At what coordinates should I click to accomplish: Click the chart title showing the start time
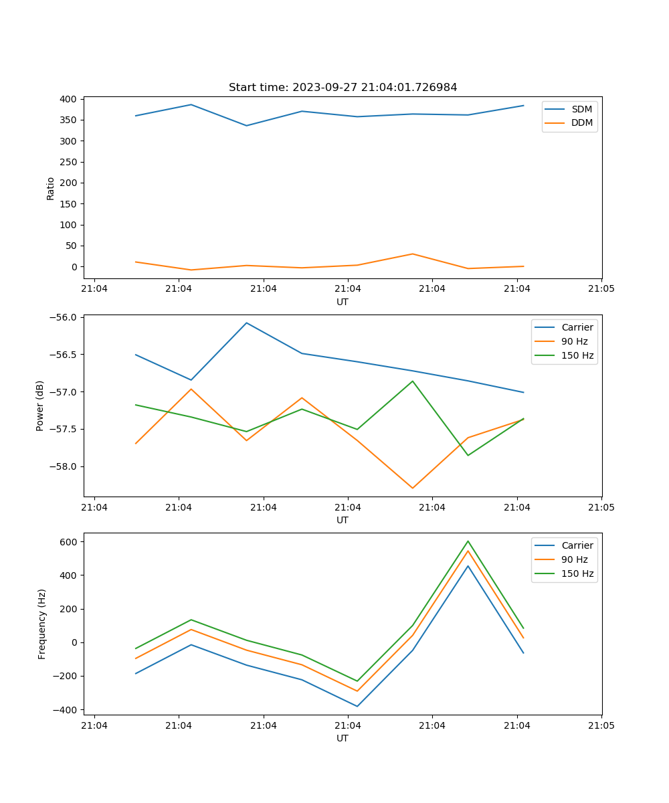pos(343,88)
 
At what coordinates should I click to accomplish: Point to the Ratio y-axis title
pos(50,189)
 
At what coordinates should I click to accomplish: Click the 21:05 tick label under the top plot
pos(601,289)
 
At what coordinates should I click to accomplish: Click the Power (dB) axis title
pos(40,406)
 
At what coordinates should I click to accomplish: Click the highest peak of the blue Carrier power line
pos(246,323)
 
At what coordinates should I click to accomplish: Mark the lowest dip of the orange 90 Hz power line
pos(412,488)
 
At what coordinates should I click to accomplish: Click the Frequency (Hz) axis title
pos(41,624)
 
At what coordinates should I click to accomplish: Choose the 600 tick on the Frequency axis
pos(70,541)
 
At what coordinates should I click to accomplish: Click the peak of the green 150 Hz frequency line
pos(468,541)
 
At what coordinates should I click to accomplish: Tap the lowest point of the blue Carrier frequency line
pos(357,706)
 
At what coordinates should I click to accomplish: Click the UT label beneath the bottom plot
pos(343,738)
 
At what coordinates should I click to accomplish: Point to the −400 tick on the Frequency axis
pos(68,709)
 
